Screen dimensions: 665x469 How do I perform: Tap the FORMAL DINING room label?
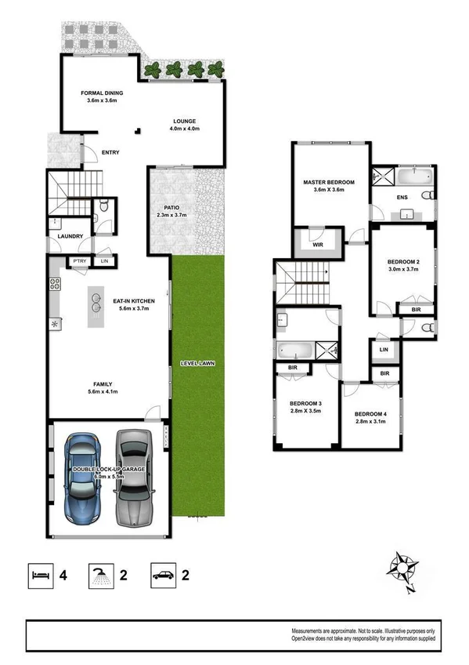[103, 93]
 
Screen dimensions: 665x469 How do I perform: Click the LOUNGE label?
[184, 121]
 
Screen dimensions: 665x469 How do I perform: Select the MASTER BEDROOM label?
[329, 182]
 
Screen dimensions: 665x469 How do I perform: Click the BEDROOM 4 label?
[370, 413]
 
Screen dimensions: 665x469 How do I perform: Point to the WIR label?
[317, 245]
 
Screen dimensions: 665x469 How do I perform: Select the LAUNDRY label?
[70, 236]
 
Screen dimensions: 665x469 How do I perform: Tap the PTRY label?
[79, 261]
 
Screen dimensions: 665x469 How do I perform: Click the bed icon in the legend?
[42, 575]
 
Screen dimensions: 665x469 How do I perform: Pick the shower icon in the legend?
[99, 575]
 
